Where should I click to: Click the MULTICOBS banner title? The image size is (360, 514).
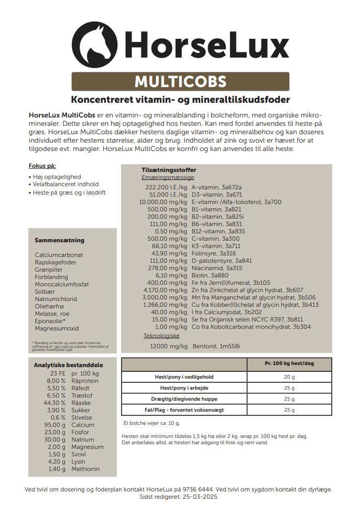click(180, 82)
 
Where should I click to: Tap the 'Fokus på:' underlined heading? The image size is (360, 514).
click(42, 166)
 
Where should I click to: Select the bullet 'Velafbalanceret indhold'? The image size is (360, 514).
click(66, 185)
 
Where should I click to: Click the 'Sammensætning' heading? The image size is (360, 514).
click(59, 240)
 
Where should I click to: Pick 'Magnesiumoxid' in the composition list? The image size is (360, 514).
click(57, 328)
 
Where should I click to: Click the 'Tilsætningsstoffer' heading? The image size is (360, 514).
click(169, 170)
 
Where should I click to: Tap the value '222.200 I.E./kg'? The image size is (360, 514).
click(166, 187)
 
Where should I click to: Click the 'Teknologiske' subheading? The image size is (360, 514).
click(161, 335)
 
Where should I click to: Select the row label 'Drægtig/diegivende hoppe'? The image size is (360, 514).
click(184, 399)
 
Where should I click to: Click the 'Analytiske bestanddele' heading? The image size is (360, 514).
click(68, 365)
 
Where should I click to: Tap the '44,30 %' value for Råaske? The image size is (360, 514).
click(56, 403)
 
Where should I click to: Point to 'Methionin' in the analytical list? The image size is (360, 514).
click(85, 469)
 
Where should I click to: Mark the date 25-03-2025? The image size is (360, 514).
click(201, 496)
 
